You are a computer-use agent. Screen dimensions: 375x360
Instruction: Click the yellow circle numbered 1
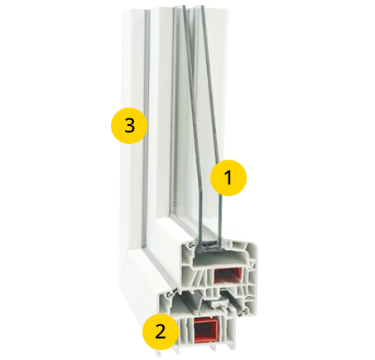click(228, 178)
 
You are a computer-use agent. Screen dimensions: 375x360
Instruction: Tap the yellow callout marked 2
click(161, 332)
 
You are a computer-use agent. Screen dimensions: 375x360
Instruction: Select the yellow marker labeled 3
click(129, 126)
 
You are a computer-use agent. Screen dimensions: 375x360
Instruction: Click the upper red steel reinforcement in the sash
click(228, 276)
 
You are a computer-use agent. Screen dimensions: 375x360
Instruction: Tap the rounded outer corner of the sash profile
click(254, 247)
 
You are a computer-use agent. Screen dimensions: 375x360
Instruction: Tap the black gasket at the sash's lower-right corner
click(244, 311)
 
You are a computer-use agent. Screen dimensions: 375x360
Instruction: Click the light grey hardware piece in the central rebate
click(218, 305)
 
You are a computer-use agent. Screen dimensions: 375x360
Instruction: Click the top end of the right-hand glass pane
click(202, 6)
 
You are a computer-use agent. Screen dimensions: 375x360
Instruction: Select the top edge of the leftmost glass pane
click(175, 7)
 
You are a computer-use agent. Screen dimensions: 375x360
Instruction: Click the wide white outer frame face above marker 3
click(132, 55)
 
